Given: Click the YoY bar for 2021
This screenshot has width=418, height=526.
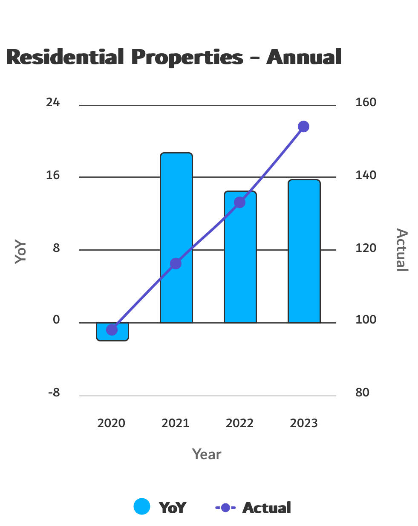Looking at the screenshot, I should coord(176,213).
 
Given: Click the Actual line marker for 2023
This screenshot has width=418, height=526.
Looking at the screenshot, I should coord(303,127).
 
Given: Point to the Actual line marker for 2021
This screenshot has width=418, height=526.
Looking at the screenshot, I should coord(176,264).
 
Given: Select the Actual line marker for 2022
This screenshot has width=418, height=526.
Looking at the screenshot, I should coord(240,202).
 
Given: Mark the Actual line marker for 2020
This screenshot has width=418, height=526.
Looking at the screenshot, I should coord(112,329).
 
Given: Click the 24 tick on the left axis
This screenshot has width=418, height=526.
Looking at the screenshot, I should coord(53,102).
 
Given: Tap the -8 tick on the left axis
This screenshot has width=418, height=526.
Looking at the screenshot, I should coord(54,393).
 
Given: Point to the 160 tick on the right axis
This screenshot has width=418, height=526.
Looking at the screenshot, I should coord(366,102).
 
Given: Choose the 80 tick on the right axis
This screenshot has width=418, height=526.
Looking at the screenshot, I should coord(362,393).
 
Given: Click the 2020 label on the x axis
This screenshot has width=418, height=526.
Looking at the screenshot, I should coord(111,423).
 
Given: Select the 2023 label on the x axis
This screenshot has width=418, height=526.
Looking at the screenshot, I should coord(304,423).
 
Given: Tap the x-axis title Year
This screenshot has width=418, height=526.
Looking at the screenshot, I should coord(207,454).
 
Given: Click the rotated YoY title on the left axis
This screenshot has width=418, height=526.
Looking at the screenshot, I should coord(20,251).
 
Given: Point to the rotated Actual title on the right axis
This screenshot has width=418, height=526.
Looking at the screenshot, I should coord(401,250).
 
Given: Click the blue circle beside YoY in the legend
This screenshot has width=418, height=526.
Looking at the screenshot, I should coord(142,507).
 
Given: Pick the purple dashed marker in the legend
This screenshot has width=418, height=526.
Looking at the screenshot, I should coord(225,508).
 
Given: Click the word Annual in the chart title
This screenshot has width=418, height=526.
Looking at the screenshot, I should coord(304,57).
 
